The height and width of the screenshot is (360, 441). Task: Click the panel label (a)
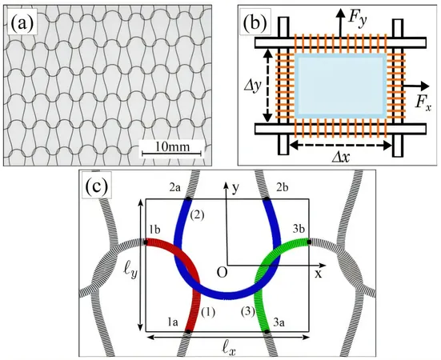click(22, 22)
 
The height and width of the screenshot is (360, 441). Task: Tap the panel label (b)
click(255, 22)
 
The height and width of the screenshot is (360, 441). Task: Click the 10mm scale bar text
click(172, 146)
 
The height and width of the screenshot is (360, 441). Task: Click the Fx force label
click(423, 105)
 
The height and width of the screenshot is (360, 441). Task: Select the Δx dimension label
click(340, 158)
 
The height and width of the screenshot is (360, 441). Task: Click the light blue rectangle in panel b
click(340, 86)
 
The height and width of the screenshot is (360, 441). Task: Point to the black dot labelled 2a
click(188, 199)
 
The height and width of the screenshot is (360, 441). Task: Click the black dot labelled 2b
click(266, 199)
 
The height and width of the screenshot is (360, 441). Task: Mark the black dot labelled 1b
click(146, 242)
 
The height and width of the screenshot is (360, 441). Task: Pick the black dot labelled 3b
click(309, 242)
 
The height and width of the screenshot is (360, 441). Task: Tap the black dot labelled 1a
click(188, 332)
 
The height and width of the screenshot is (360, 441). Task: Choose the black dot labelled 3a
click(267, 332)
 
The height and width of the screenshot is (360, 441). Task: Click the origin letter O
click(222, 272)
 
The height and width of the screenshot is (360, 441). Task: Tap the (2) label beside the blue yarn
click(196, 215)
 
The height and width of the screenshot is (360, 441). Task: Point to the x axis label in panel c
click(318, 274)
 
